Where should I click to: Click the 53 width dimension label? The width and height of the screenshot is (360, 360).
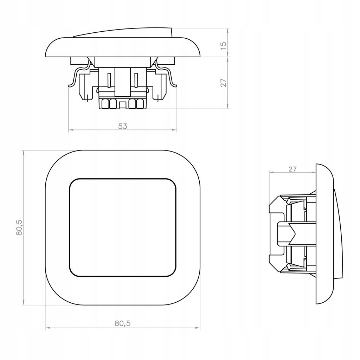tap(123, 126)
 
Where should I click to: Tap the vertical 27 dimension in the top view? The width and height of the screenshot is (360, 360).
tap(223, 83)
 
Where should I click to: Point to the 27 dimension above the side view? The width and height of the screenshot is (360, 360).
tap(292, 169)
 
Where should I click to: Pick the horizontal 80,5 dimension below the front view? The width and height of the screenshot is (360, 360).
tap(123, 323)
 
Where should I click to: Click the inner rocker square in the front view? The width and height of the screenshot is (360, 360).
tap(123, 227)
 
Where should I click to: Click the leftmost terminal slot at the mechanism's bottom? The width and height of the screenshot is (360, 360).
tap(105, 104)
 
